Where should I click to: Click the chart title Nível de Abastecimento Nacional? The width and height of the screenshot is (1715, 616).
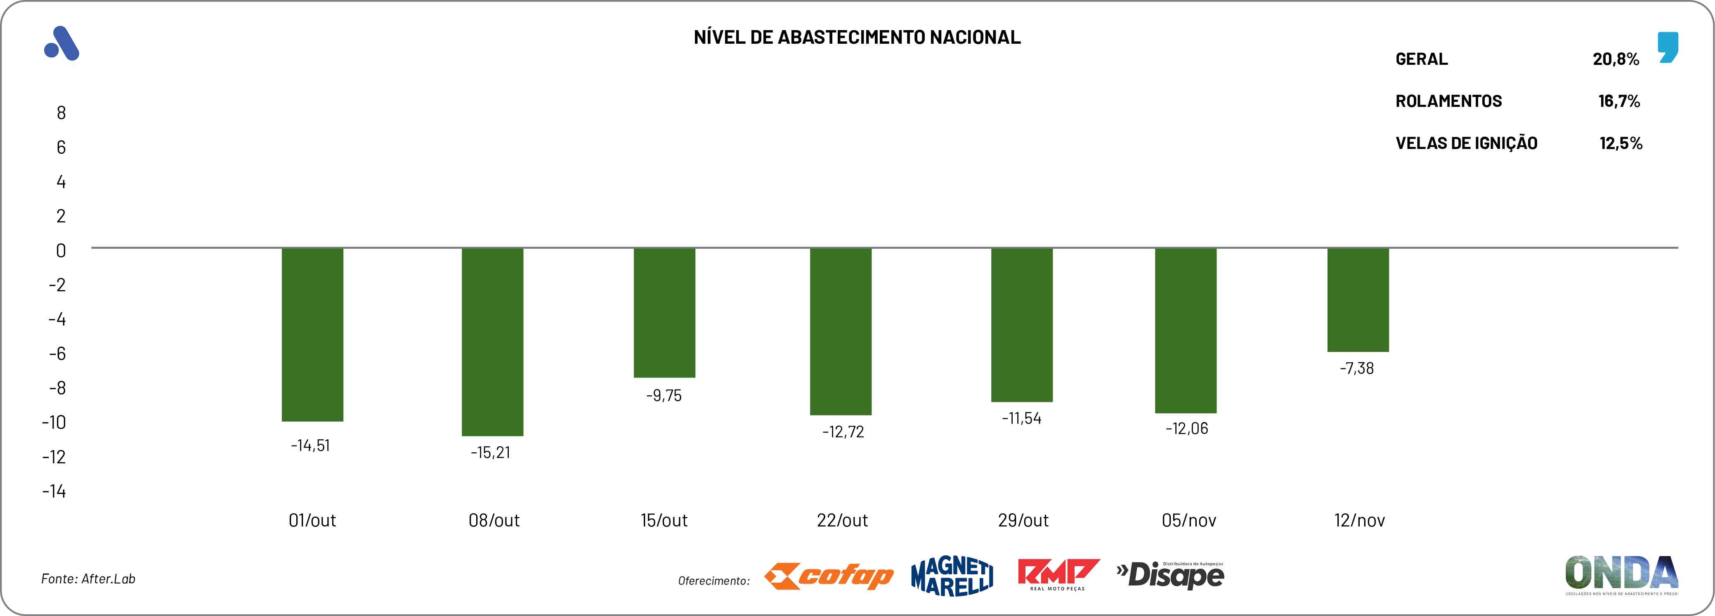coord(857,37)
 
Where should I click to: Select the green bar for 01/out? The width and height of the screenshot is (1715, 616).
coord(312,334)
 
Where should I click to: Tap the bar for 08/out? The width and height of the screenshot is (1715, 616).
coord(493,342)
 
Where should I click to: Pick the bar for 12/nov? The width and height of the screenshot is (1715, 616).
coord(1358,300)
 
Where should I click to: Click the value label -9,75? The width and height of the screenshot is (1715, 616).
coord(664,396)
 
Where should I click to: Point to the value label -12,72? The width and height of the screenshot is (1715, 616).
coord(843,432)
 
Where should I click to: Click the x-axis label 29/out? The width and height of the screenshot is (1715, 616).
coord(1023,520)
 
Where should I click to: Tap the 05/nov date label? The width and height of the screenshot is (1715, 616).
coord(1188,520)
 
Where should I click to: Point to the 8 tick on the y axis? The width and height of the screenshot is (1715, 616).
coord(61,113)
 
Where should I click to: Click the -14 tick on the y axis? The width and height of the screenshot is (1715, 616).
coord(54,491)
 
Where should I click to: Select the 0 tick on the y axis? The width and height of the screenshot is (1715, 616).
coord(61,250)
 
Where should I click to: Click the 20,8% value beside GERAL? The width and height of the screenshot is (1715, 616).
coord(1616,59)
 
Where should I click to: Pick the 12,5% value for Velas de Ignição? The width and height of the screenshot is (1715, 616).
coord(1621,143)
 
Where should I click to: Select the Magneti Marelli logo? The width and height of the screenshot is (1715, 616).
coord(952,576)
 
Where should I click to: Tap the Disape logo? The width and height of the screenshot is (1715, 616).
coord(1170,575)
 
